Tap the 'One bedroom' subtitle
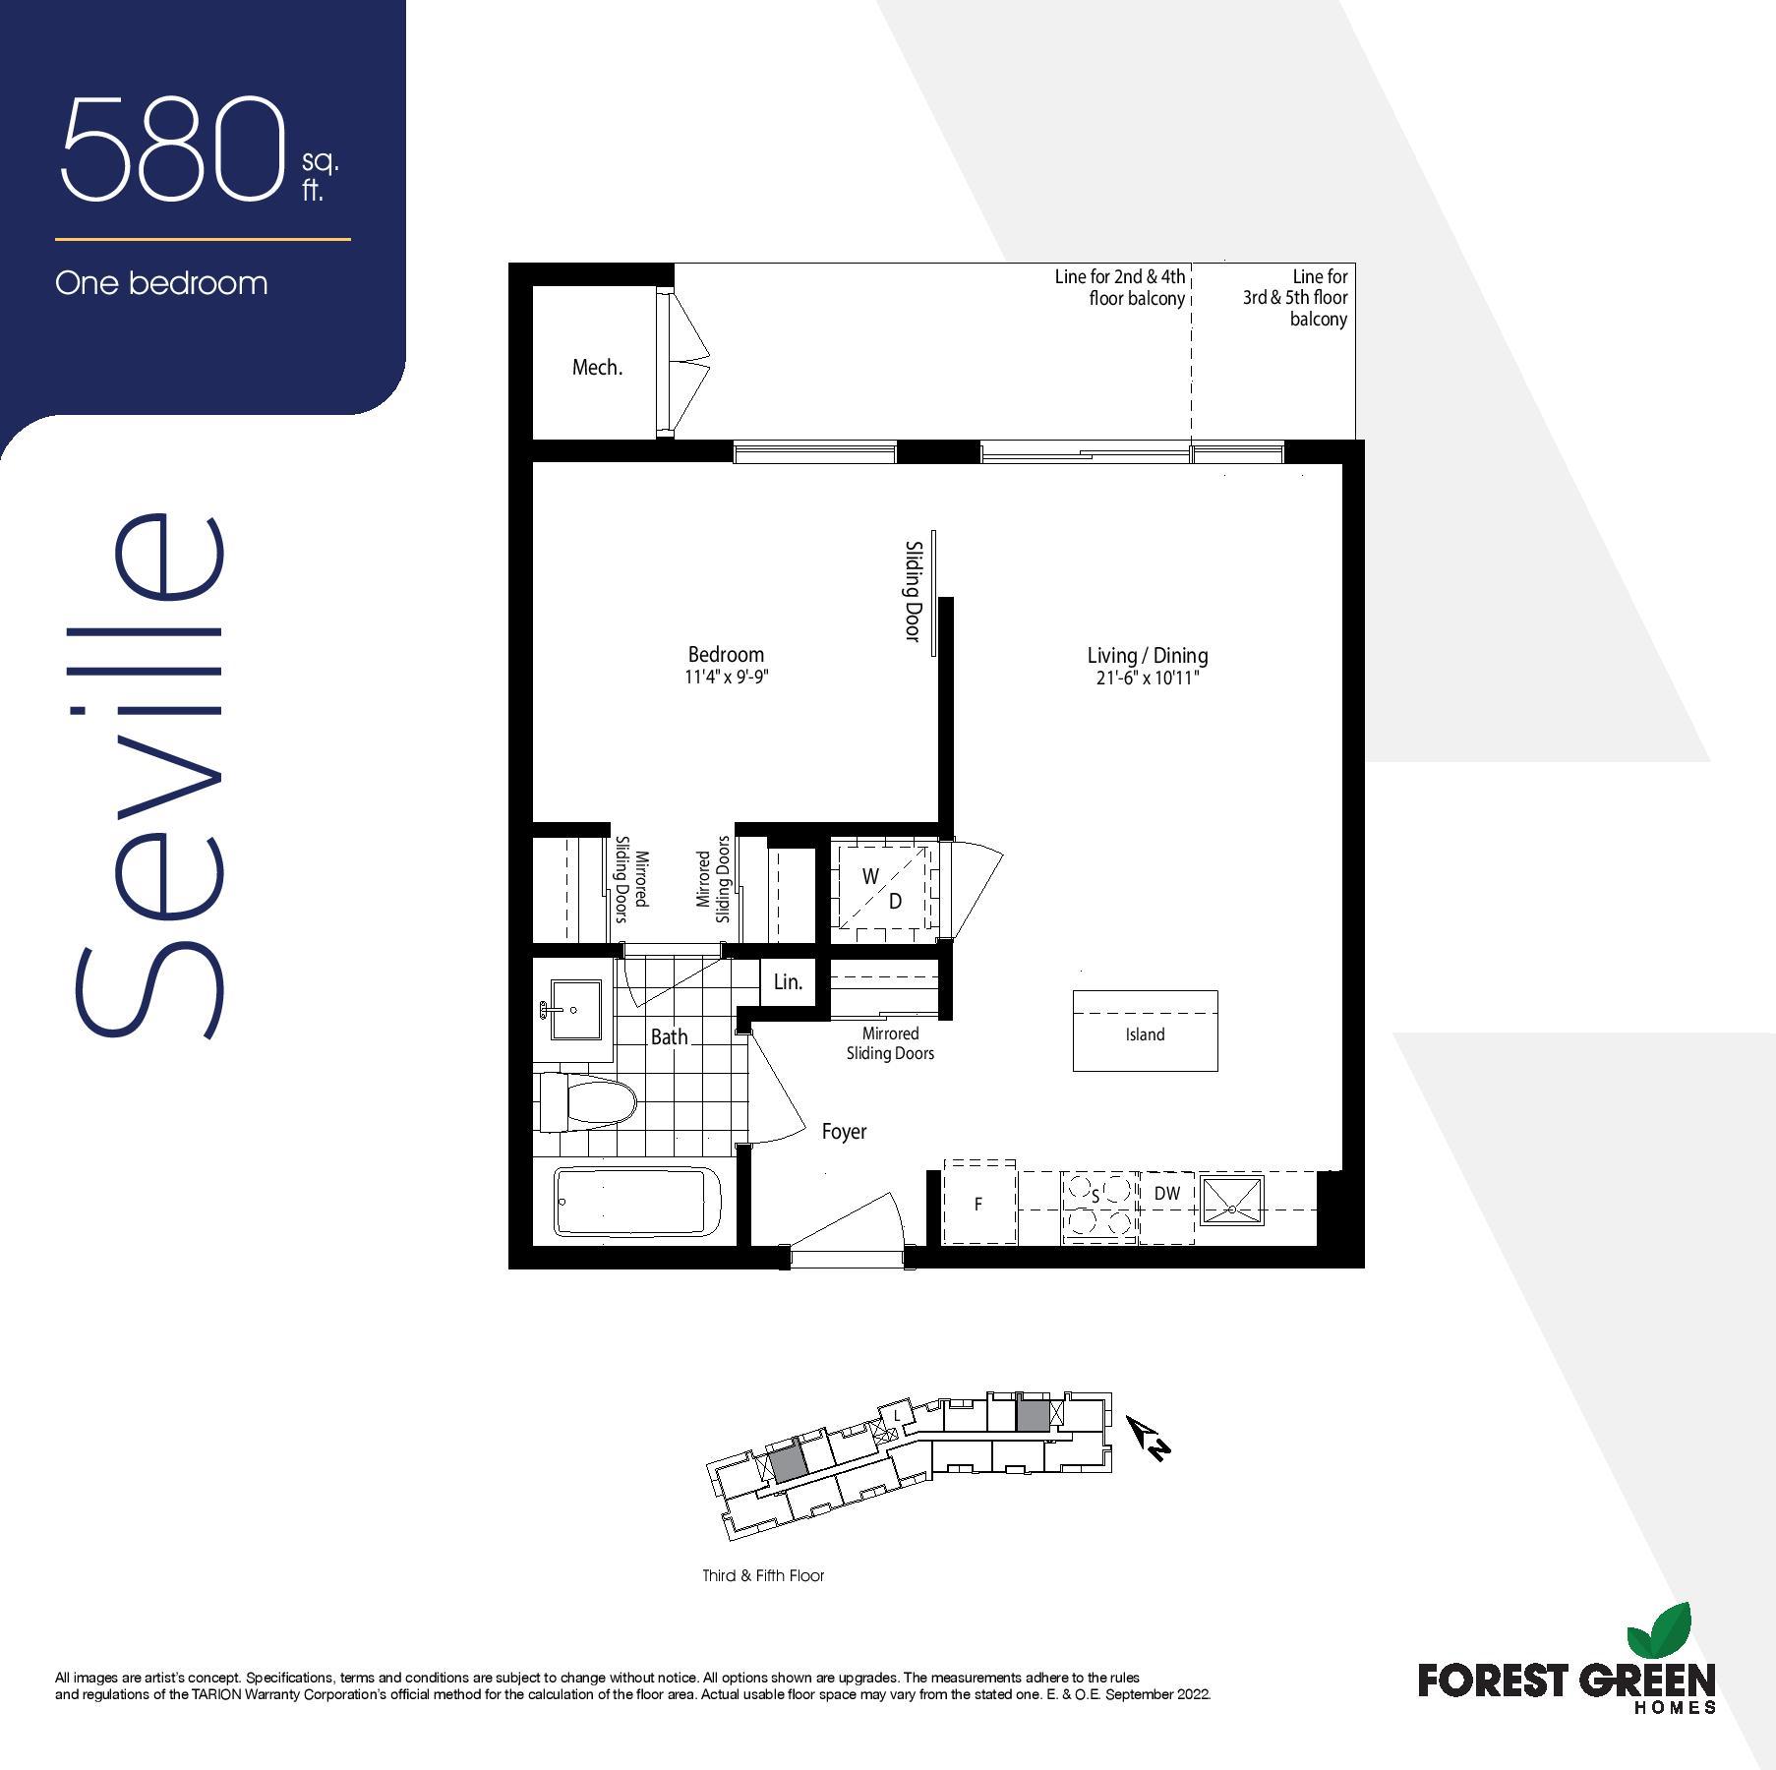click(x=161, y=283)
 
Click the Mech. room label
click(x=597, y=367)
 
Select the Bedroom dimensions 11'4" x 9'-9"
click(x=727, y=677)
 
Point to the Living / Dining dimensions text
click(x=1148, y=678)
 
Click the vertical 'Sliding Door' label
click(x=913, y=591)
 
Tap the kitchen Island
click(x=1145, y=1031)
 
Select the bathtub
click(x=637, y=1201)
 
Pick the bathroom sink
click(x=574, y=1009)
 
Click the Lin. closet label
click(x=788, y=981)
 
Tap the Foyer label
click(x=844, y=1132)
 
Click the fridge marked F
click(x=979, y=1203)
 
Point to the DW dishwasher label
click(x=1167, y=1194)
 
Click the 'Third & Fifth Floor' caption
click(x=763, y=1575)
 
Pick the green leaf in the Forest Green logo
click(x=1659, y=1631)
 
